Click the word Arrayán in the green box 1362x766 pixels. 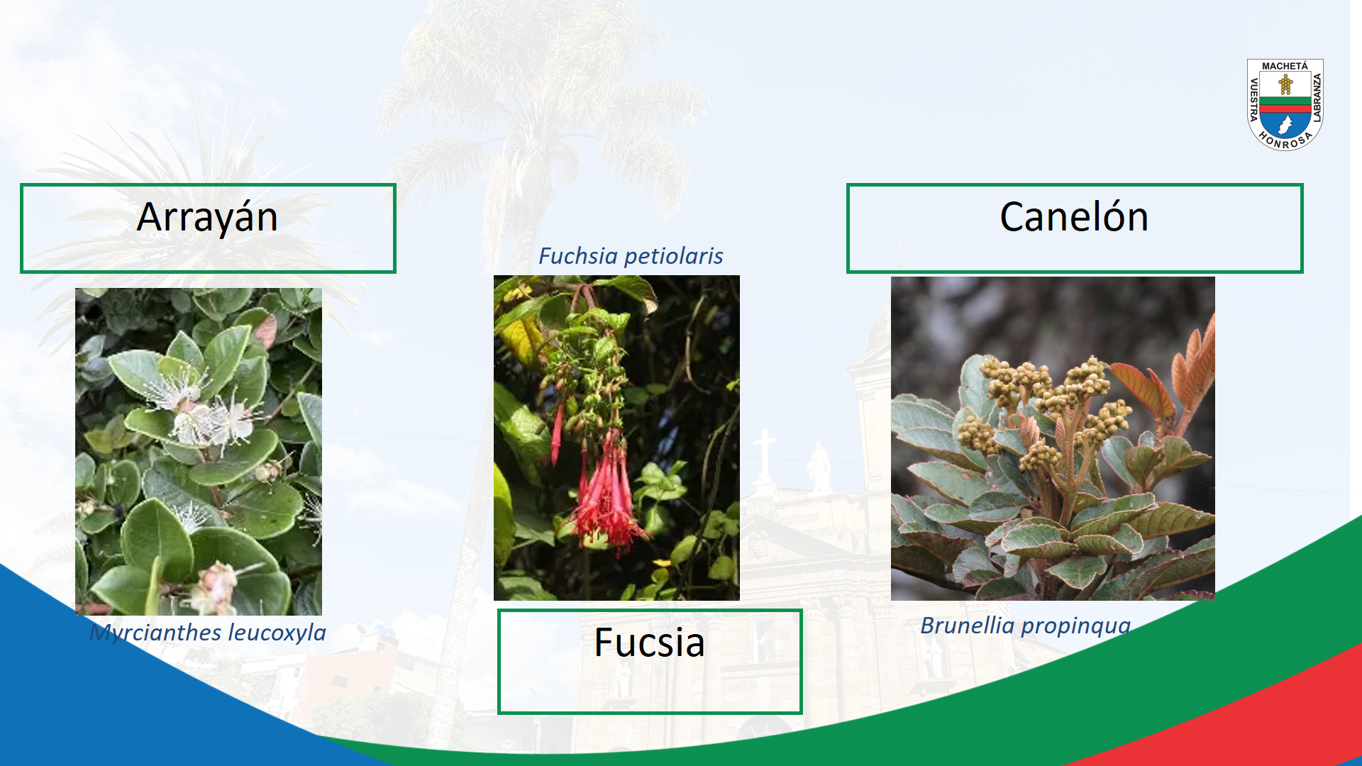click(207, 218)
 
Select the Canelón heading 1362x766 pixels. click(1074, 217)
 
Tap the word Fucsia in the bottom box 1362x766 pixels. click(649, 643)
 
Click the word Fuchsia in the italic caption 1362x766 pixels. click(577, 255)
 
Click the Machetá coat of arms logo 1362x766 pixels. click(1285, 104)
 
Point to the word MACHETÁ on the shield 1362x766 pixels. click(1285, 66)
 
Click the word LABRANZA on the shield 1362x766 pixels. click(1317, 98)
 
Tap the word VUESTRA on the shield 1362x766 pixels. click(1253, 99)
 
